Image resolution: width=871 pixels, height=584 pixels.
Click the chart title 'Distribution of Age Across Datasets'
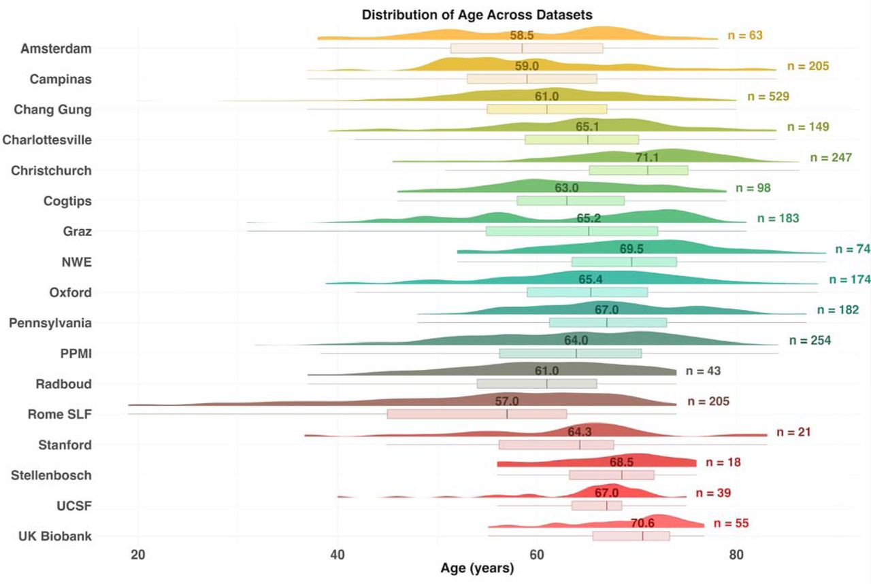click(477, 15)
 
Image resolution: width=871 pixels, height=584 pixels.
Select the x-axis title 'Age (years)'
click(477, 568)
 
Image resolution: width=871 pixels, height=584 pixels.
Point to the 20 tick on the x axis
click(138, 555)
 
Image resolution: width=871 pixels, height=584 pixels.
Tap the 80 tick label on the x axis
click(736, 555)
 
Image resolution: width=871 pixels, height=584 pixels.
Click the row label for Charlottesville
click(47, 140)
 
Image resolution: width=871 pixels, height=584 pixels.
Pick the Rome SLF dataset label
click(60, 414)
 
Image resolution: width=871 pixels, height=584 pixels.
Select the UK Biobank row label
click(55, 536)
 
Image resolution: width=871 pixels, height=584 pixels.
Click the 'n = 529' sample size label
click(768, 97)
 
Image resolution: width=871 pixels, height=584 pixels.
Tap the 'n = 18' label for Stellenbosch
click(723, 462)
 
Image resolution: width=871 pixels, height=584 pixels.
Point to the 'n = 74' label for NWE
click(853, 249)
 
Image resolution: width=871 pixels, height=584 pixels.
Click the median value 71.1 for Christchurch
click(647, 157)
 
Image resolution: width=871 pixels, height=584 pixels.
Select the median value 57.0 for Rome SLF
click(507, 401)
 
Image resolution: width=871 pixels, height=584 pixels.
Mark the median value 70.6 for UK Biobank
click(643, 523)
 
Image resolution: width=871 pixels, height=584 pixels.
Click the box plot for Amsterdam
click(527, 48)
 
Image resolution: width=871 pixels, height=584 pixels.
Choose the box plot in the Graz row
click(572, 231)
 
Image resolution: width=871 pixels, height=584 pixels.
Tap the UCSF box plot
click(597, 506)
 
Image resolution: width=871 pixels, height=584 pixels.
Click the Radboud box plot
click(537, 384)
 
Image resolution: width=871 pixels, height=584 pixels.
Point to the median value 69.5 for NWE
click(631, 249)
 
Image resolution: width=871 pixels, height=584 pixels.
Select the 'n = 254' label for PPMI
click(810, 341)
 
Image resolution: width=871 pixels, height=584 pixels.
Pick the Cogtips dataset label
click(67, 201)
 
